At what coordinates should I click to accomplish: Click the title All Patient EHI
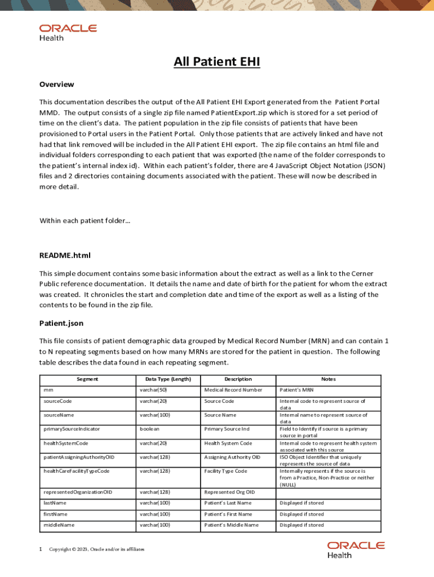point(216,62)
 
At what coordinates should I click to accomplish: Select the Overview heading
point(56,85)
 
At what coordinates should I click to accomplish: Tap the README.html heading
point(65,255)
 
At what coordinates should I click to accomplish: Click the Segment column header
point(87,379)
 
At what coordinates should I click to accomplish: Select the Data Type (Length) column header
point(168,379)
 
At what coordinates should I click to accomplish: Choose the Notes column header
point(328,379)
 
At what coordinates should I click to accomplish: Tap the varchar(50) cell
point(153,390)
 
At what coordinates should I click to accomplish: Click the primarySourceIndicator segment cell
point(72,429)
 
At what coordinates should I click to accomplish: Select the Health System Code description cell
point(228,443)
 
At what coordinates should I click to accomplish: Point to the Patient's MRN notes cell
point(296,390)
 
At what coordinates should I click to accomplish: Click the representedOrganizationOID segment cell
point(78,492)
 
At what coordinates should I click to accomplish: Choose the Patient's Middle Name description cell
point(231,525)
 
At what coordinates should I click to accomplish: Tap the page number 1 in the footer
point(41,549)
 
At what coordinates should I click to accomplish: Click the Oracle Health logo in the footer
point(356,549)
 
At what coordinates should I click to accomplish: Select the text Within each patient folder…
point(85,220)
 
